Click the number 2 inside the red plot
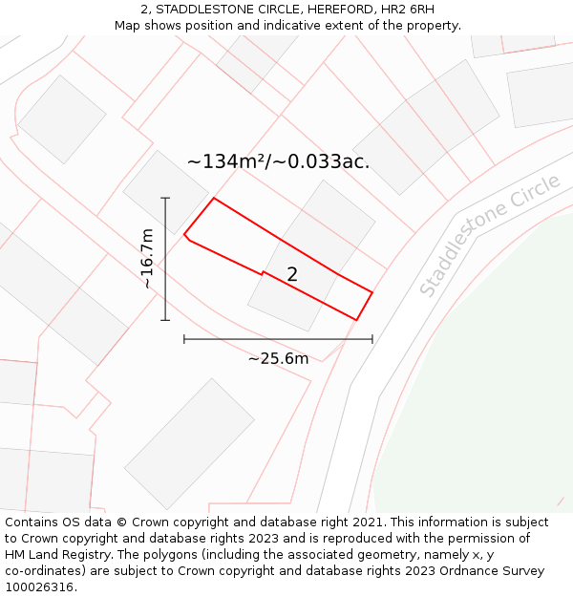coord(292,274)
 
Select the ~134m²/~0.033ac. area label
coord(278,161)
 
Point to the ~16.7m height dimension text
coord(146,258)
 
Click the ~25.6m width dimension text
coord(278,359)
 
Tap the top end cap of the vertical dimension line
coord(165,198)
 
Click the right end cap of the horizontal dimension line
coord(372,339)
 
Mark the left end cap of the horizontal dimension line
coord(184,339)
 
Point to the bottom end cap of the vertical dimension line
coord(165,320)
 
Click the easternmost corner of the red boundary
coord(371,291)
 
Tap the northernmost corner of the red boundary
coord(213,198)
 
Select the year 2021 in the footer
coord(365,522)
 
